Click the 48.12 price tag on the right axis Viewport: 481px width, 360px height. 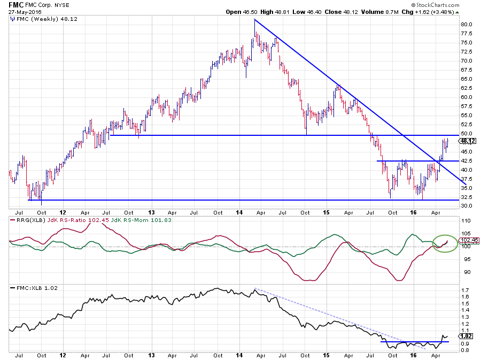pyautogui.click(x=468, y=141)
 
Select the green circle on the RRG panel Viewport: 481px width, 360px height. pyautogui.click(x=445, y=242)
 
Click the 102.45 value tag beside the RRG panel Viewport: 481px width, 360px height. pyautogui.click(x=468, y=240)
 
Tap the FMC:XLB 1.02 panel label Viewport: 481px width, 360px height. pyautogui.click(x=34, y=288)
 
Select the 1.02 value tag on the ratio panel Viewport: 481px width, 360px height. pyautogui.click(x=467, y=336)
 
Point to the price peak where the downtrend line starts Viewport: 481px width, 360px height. pyautogui.click(x=254, y=20)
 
